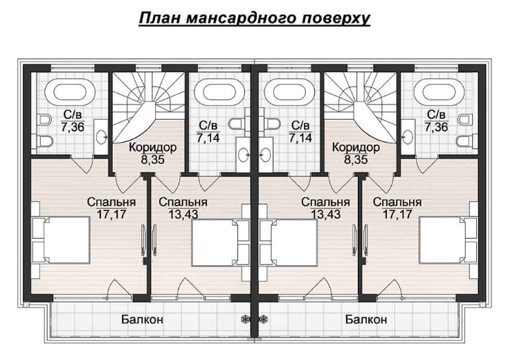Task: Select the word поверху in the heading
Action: pyautogui.click(x=336, y=17)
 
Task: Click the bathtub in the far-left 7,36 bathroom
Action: pyautogui.click(x=67, y=91)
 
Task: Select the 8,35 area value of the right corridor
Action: pyautogui.click(x=355, y=159)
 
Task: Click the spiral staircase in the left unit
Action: pyautogui.click(x=147, y=104)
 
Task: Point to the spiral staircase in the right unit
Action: pyautogui.click(x=360, y=104)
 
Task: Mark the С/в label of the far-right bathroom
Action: pyautogui.click(x=436, y=115)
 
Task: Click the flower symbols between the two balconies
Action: pyautogui.click(x=253, y=320)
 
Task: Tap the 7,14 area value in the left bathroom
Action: pyautogui.click(x=208, y=137)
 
